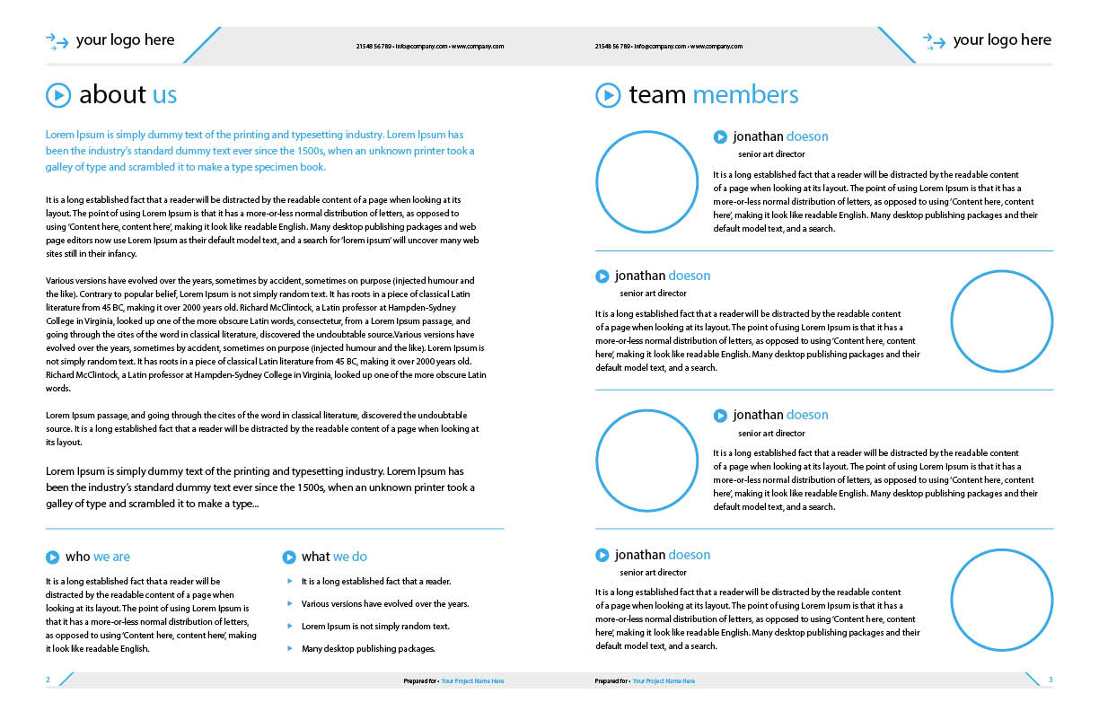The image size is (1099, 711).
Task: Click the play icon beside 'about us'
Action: (57, 94)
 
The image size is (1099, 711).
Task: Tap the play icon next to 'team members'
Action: (608, 94)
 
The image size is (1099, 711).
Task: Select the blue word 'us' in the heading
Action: (164, 94)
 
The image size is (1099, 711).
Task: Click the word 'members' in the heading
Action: (745, 94)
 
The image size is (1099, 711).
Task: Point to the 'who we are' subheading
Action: (97, 557)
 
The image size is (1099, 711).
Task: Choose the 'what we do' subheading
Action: (334, 557)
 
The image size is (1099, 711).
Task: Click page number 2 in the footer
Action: (48, 680)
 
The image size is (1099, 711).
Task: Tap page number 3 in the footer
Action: (1051, 680)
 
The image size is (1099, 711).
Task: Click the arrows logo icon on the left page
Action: (57, 40)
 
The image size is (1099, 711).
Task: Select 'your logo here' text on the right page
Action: (1002, 40)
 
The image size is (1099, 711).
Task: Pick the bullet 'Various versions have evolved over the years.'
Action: (385, 604)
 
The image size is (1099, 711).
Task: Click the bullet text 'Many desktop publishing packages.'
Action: (368, 648)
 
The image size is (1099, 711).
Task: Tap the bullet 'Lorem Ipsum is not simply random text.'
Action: (375, 627)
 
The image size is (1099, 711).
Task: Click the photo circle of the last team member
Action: (1001, 600)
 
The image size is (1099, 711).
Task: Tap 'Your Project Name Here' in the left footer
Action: (472, 681)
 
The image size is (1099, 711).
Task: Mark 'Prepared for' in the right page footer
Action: (611, 681)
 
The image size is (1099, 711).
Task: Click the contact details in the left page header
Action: (430, 46)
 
